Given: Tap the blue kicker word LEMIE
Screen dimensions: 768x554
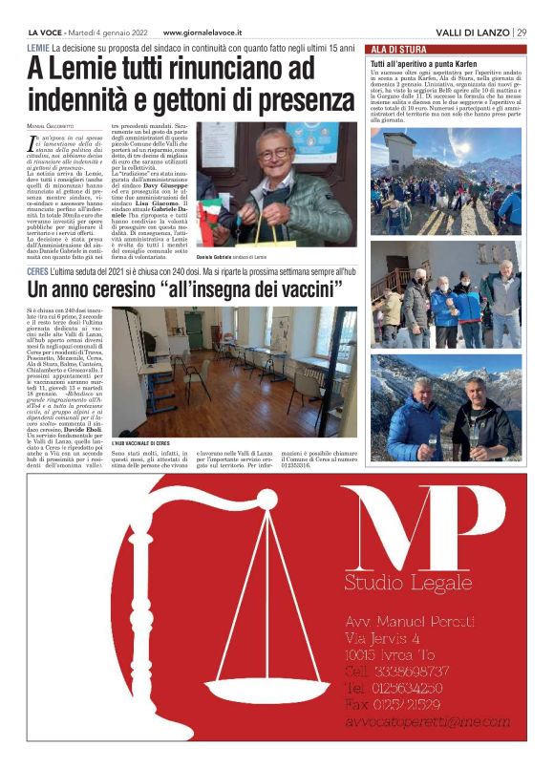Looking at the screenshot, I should click(x=39, y=47).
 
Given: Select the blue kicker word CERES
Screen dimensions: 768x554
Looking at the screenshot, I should click(x=41, y=271).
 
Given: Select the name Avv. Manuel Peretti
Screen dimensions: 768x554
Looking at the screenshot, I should click(x=410, y=622).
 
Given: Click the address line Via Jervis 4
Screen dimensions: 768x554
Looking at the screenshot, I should click(x=383, y=638).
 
